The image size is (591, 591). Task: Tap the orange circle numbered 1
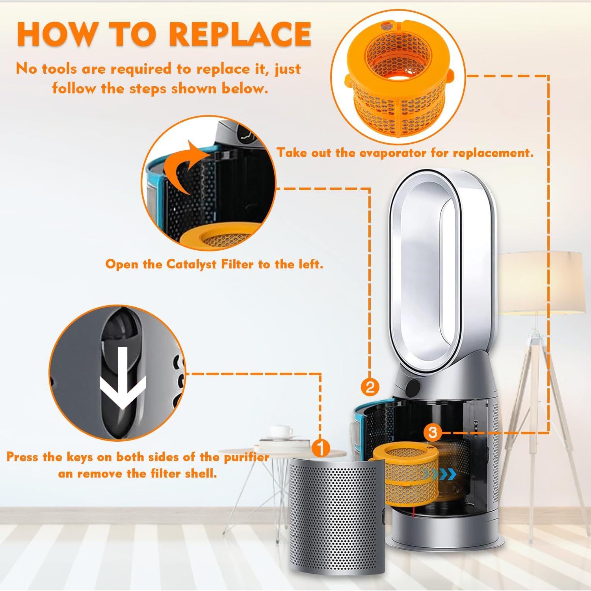tap(320, 448)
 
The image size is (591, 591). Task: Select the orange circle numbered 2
tap(370, 388)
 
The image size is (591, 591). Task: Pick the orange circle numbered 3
tap(433, 433)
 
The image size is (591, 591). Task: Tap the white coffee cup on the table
tap(282, 431)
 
